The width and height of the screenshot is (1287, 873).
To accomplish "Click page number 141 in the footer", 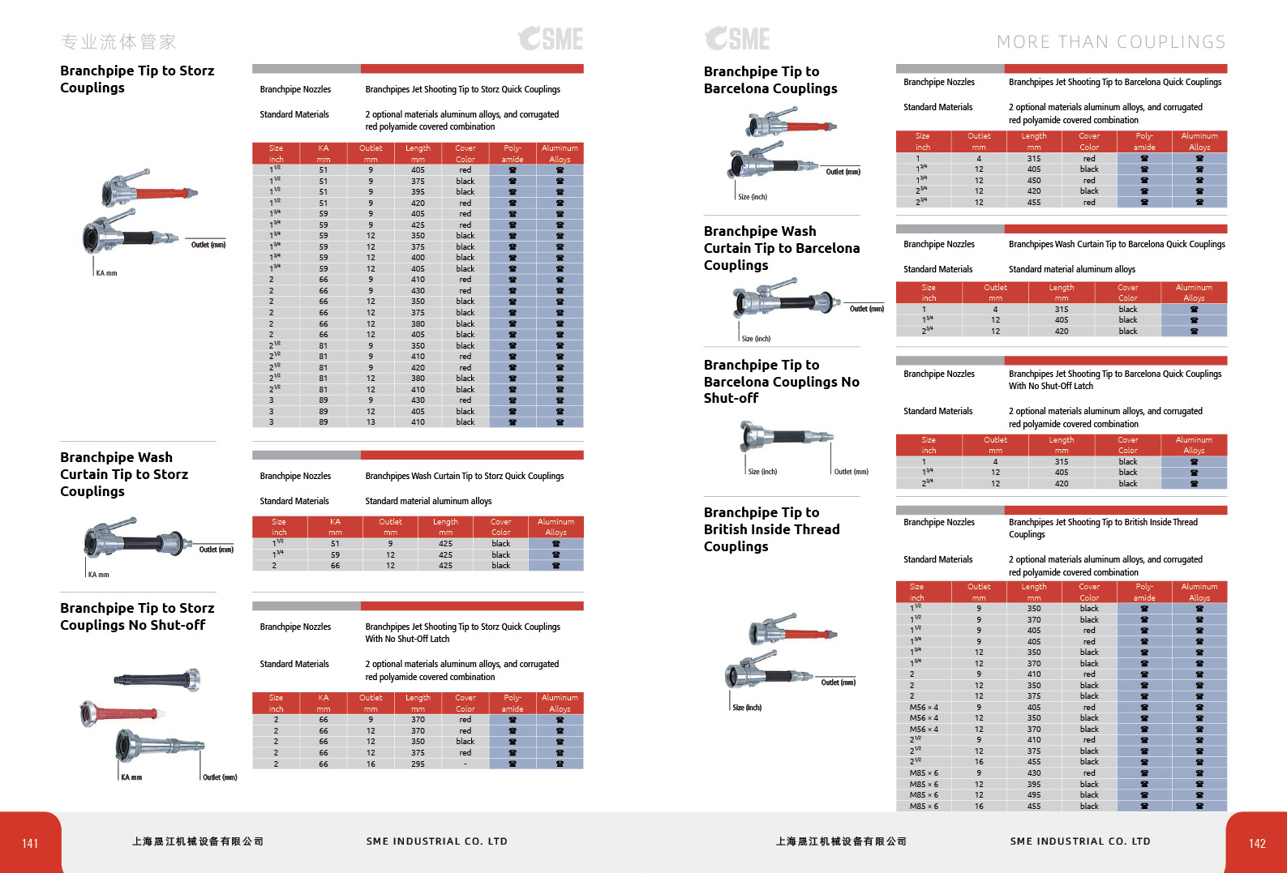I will pyautogui.click(x=30, y=843).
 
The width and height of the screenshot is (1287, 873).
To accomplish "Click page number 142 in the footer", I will pyautogui.click(x=1257, y=843).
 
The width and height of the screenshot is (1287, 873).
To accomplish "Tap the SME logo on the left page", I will pyautogui.click(x=551, y=38).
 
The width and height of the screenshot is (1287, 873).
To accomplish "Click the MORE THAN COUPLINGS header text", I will pyautogui.click(x=1111, y=42).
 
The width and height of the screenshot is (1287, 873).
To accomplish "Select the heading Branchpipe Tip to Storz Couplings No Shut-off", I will pyautogui.click(x=137, y=616).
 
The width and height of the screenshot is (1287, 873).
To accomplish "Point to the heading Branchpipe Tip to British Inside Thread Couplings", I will pyautogui.click(x=771, y=529).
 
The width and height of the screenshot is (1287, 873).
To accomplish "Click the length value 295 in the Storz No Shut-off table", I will pyautogui.click(x=418, y=764).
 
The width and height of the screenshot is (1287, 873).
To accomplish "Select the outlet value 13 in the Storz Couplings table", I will pyautogui.click(x=371, y=422).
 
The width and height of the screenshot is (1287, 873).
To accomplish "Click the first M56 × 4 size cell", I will pyautogui.click(x=924, y=707).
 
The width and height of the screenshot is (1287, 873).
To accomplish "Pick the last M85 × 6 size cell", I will pyautogui.click(x=924, y=806).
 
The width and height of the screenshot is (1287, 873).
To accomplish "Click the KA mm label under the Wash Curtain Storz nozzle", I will pyautogui.click(x=98, y=575).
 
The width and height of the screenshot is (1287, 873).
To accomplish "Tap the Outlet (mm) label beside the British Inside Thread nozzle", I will pyautogui.click(x=838, y=683).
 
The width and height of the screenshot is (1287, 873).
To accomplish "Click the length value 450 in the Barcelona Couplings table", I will pyautogui.click(x=1034, y=181).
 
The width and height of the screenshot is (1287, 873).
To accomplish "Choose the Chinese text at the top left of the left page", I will pyautogui.click(x=118, y=41).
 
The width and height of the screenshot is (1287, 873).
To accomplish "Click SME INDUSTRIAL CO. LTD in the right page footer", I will pyautogui.click(x=1080, y=841).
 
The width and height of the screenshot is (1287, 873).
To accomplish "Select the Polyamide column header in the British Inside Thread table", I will pyautogui.click(x=1144, y=592).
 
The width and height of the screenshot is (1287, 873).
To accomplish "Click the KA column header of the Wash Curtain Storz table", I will pyautogui.click(x=335, y=527).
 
